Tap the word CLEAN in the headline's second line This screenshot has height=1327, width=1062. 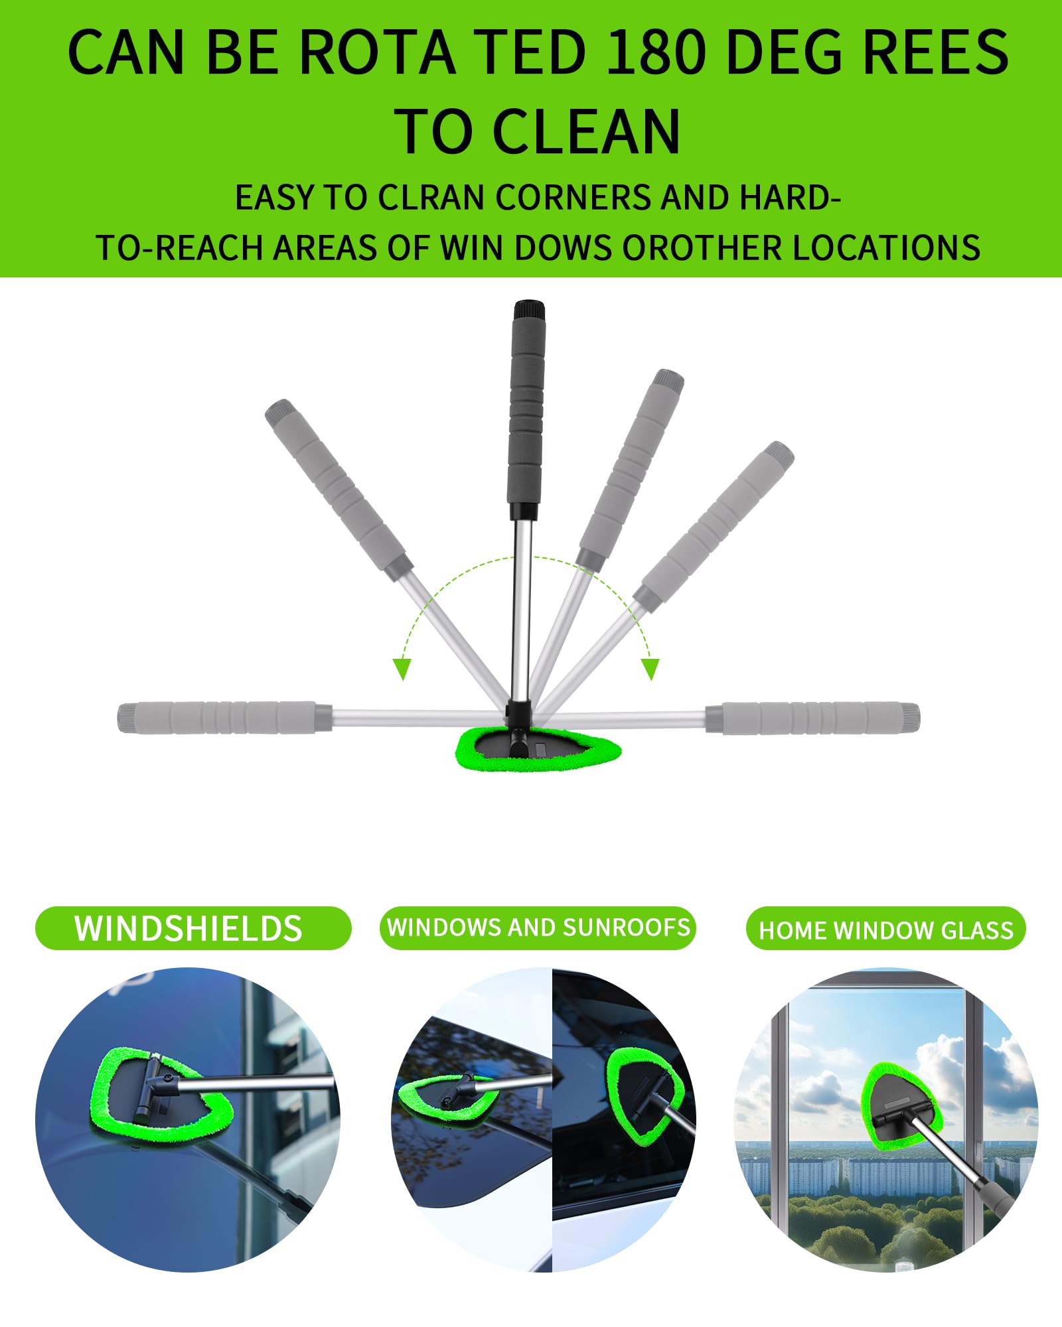(587, 132)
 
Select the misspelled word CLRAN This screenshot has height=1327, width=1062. (431, 198)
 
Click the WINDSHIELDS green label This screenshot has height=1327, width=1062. (192, 928)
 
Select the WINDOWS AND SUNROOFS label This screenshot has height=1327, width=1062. (538, 928)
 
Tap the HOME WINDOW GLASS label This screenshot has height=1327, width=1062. (885, 929)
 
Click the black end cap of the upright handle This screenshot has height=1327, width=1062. (529, 310)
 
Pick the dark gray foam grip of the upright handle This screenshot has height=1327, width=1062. (526, 411)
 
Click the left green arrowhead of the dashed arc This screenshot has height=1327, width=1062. (402, 669)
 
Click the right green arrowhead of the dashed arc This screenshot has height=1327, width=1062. (650, 669)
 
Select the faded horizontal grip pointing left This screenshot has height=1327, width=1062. (219, 717)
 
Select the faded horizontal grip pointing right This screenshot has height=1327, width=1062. (816, 717)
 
